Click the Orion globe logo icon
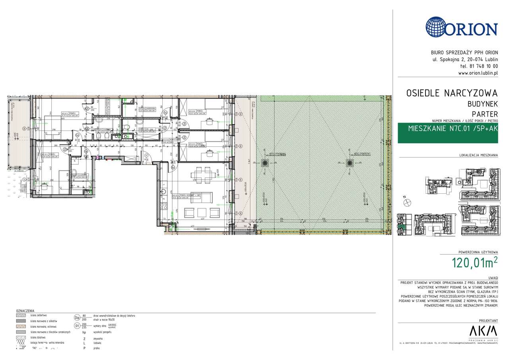point(439,27)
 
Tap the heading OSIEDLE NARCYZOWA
point(452,93)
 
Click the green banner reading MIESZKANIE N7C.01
point(448,128)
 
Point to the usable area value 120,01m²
point(474,263)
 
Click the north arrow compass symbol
point(407,202)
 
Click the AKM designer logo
point(483,331)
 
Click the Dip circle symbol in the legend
point(77,317)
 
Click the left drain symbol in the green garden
point(264,163)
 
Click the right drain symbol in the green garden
point(350,163)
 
